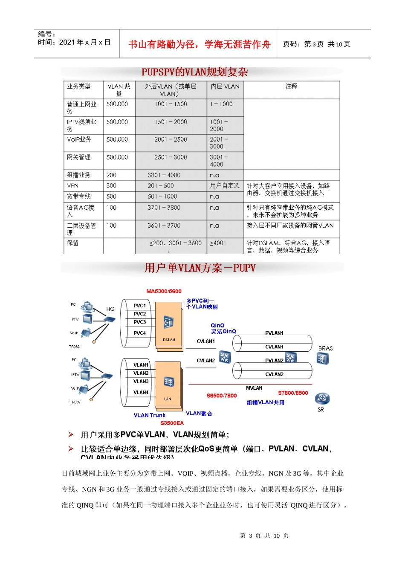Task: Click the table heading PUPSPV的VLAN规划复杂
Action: [194, 72]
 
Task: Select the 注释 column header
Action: [291, 87]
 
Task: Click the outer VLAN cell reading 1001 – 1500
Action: [171, 104]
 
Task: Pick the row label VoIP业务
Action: [79, 139]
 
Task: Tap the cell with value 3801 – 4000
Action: [164, 175]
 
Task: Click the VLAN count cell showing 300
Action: [111, 186]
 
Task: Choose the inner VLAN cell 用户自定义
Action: [225, 186]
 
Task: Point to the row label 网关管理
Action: [78, 157]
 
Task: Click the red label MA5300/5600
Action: [164, 292]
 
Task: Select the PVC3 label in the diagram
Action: [139, 322]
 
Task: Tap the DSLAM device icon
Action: [169, 323]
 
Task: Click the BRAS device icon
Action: [323, 359]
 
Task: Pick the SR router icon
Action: [322, 399]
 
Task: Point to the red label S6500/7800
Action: [222, 396]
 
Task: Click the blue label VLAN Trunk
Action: [149, 415]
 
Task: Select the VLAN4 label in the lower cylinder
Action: [141, 392]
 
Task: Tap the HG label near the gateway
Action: [110, 309]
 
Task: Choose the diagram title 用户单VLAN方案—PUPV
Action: [200, 268]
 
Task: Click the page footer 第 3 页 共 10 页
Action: [264, 536]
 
